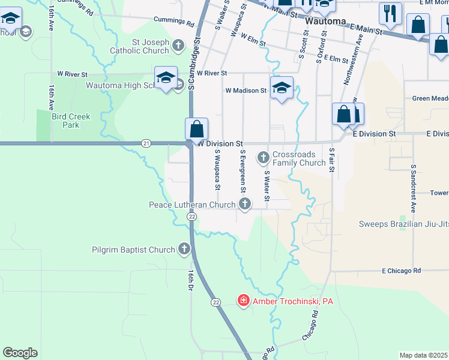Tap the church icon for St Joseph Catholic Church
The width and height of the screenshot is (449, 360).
coord(178,45)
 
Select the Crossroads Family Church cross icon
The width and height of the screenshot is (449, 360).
coord(263,158)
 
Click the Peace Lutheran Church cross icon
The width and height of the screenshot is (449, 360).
coord(244,205)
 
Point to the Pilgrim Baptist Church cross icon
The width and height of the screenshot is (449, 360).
coord(184,249)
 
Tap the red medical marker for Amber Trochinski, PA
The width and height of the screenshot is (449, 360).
coord(243,300)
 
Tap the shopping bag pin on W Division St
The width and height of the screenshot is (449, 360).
coord(196,128)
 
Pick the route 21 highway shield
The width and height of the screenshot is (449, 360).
coord(146,143)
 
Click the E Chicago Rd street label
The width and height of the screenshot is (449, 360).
coord(402,271)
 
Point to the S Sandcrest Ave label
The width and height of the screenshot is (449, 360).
coord(414,189)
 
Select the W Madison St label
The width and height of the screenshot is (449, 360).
coord(246,91)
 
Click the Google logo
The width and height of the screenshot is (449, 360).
coord(20,352)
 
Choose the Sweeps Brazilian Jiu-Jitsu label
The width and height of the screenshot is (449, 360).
coord(403,224)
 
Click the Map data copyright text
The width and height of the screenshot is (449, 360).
coord(424,355)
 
